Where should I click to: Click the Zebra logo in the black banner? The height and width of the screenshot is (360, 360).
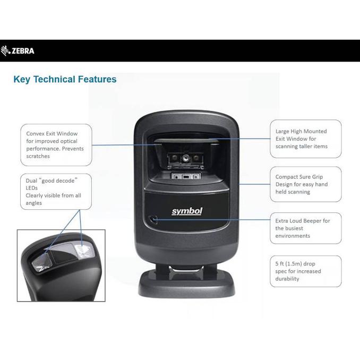click(x=18, y=51)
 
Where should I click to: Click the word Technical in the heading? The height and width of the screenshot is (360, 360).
click(x=54, y=79)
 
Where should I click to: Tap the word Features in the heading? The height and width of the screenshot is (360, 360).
click(x=97, y=79)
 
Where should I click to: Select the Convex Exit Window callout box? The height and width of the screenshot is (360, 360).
click(x=56, y=145)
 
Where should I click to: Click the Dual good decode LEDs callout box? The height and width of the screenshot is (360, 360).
click(x=56, y=192)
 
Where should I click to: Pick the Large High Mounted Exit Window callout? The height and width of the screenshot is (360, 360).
click(x=306, y=139)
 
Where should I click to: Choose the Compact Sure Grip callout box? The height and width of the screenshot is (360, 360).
click(x=306, y=184)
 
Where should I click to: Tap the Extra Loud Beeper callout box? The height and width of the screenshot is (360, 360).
click(x=306, y=228)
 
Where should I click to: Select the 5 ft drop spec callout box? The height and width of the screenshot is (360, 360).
click(x=306, y=271)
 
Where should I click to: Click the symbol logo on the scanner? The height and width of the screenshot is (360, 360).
click(x=187, y=211)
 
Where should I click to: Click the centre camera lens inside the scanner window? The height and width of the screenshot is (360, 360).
click(x=185, y=158)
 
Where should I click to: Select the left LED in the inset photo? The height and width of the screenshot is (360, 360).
click(x=42, y=262)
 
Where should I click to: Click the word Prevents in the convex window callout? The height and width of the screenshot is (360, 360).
click(x=73, y=149)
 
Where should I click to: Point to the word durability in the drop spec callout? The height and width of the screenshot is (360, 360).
click(x=287, y=279)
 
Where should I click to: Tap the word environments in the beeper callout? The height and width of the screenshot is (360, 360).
click(x=293, y=236)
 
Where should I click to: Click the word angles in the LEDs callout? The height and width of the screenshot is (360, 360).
click(x=34, y=203)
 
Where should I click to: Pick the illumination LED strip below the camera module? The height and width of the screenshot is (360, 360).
click(x=186, y=177)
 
